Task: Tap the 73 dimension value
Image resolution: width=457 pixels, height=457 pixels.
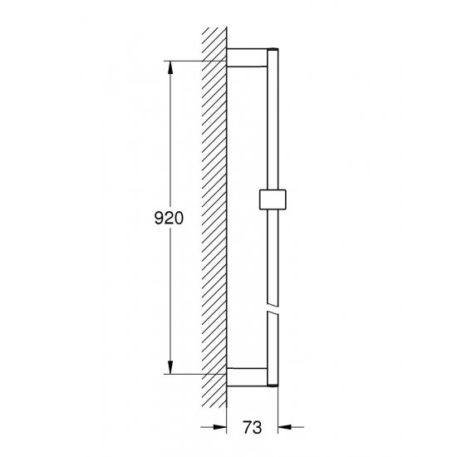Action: [x=252, y=429]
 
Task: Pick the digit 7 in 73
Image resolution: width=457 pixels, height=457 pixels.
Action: [x=247, y=429]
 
